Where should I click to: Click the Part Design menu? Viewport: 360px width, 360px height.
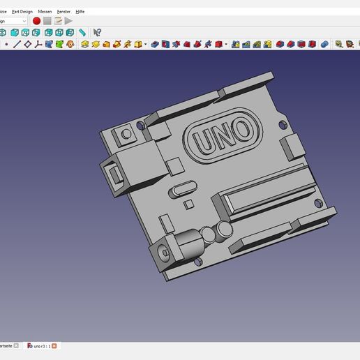(x=22, y=12)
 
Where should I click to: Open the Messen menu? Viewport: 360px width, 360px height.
(x=45, y=12)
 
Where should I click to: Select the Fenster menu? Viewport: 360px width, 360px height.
(x=64, y=12)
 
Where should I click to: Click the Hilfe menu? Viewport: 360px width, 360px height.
(x=80, y=12)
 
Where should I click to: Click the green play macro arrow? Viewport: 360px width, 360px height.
(x=68, y=21)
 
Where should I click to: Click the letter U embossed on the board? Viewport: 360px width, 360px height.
(x=206, y=140)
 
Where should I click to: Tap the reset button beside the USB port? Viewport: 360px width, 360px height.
(x=126, y=133)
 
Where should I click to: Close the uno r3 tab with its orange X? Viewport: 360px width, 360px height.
(x=54, y=345)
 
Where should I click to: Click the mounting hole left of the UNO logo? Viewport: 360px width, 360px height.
(x=142, y=126)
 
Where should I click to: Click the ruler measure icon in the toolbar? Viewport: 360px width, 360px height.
(x=82, y=32)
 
